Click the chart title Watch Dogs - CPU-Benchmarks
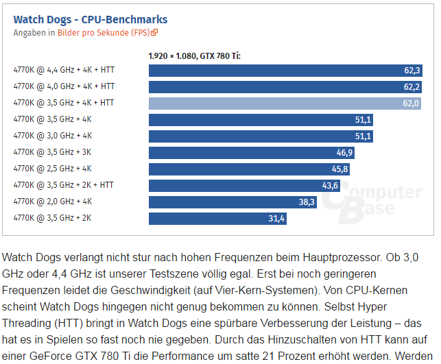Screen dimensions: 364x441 [90, 19]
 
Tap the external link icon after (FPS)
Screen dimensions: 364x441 [155, 32]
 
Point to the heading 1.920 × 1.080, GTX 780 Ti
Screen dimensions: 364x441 [194, 56]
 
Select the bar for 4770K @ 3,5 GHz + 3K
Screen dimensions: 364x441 [240, 152]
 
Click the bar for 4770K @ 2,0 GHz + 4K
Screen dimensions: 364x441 [223, 202]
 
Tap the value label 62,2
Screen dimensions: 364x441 [412, 86]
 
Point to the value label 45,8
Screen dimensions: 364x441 [340, 169]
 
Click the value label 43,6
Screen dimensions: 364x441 [331, 186]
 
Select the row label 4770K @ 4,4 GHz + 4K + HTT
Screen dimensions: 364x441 [64, 70]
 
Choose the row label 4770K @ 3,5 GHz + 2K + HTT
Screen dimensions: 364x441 [64, 185]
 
